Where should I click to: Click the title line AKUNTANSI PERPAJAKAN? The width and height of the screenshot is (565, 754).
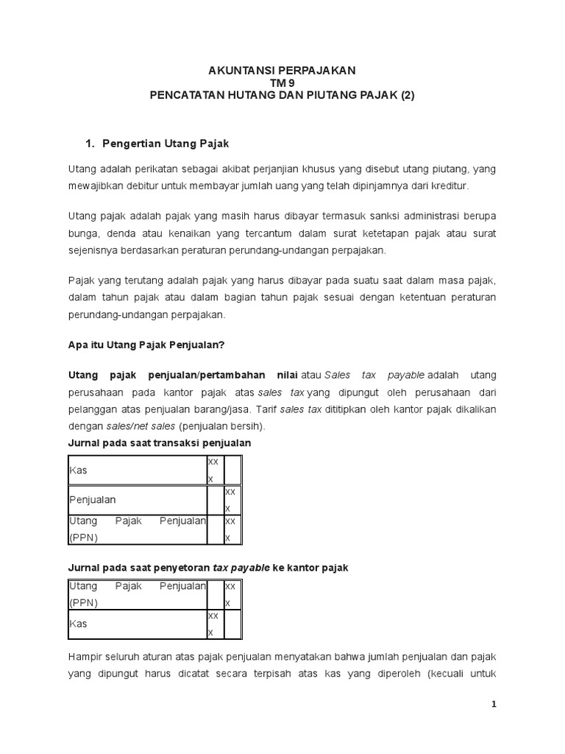(282, 70)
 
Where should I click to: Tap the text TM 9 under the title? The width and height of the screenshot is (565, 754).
(282, 82)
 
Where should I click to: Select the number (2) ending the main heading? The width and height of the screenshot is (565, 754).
(407, 95)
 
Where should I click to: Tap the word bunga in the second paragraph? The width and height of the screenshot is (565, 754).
(83, 233)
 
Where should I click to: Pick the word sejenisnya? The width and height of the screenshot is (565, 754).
(93, 250)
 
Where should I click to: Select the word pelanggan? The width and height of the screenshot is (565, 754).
(92, 409)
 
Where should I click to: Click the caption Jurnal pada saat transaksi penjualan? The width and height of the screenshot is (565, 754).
(160, 443)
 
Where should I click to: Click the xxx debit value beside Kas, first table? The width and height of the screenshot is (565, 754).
(213, 469)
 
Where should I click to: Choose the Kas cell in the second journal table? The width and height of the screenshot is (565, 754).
(78, 623)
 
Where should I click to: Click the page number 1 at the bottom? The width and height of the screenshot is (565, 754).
(494, 704)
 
